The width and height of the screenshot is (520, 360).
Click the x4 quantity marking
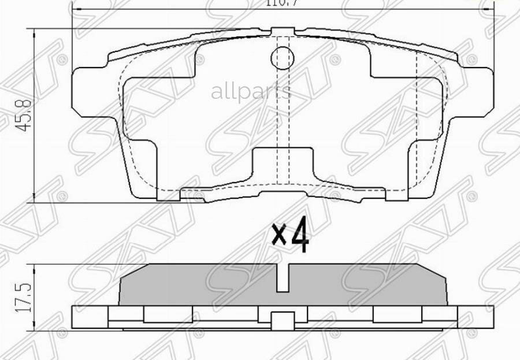291,236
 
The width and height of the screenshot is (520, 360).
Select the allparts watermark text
251,91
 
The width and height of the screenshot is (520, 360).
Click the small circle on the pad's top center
282,56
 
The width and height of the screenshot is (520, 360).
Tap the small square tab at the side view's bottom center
282,320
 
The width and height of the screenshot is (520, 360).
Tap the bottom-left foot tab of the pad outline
168,196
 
